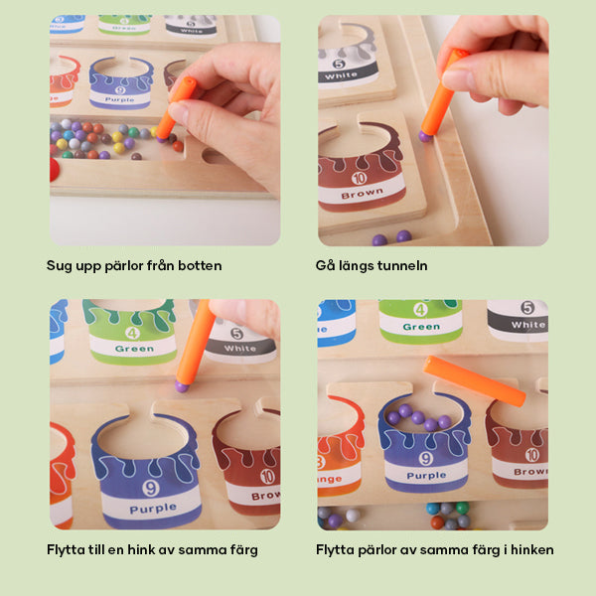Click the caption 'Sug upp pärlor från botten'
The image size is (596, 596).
coord(134,265)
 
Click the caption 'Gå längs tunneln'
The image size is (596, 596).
coord(372,265)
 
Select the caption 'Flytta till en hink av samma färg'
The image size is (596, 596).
coord(152,550)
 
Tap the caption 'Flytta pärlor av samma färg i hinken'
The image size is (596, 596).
coord(434,550)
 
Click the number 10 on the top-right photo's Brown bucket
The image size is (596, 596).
coord(359,178)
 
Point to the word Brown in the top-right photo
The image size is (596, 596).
coord(362,194)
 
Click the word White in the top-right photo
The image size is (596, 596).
coord(341,75)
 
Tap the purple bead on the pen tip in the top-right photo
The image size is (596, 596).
coord(425,136)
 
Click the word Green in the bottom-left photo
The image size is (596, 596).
coord(134,349)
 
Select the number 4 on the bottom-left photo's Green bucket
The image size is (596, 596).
coord(132,333)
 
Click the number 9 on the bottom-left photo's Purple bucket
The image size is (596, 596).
coord(151,488)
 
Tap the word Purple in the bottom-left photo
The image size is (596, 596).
coord(153,509)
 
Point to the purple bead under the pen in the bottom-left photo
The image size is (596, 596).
coord(182,386)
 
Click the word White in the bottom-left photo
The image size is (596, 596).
coord(239,349)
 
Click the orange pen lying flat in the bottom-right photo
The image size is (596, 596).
coord(475,380)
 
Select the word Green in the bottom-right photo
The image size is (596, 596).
coord(421,327)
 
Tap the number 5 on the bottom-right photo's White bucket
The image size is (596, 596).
coord(527,307)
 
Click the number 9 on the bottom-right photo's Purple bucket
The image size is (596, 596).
coord(426,458)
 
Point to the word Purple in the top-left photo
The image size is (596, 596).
coord(120,99)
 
